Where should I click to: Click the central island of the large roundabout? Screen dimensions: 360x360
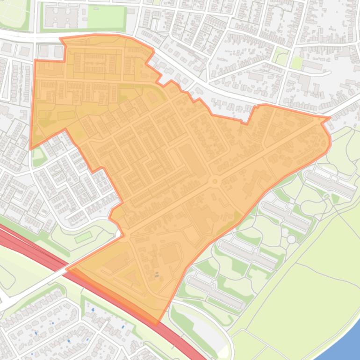215,181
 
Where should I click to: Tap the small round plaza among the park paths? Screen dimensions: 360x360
291,239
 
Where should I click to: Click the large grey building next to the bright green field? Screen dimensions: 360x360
61,17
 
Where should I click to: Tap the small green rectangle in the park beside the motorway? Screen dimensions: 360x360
83,237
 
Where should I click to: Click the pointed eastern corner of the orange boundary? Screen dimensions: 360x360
330,117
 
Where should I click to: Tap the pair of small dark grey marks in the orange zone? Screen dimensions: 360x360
157,274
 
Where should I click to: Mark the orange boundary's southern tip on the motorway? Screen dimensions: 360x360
157,323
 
